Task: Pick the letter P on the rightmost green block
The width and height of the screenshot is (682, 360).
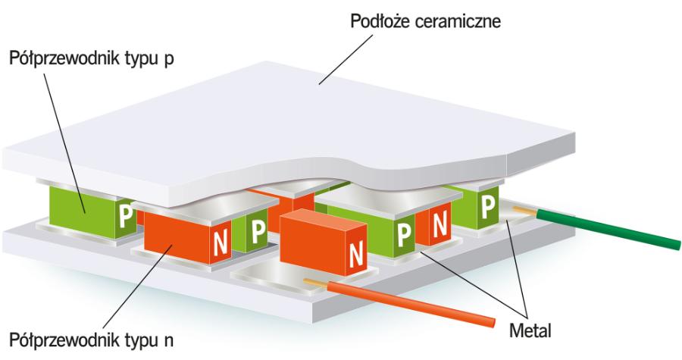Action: pyautogui.click(x=489, y=205)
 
